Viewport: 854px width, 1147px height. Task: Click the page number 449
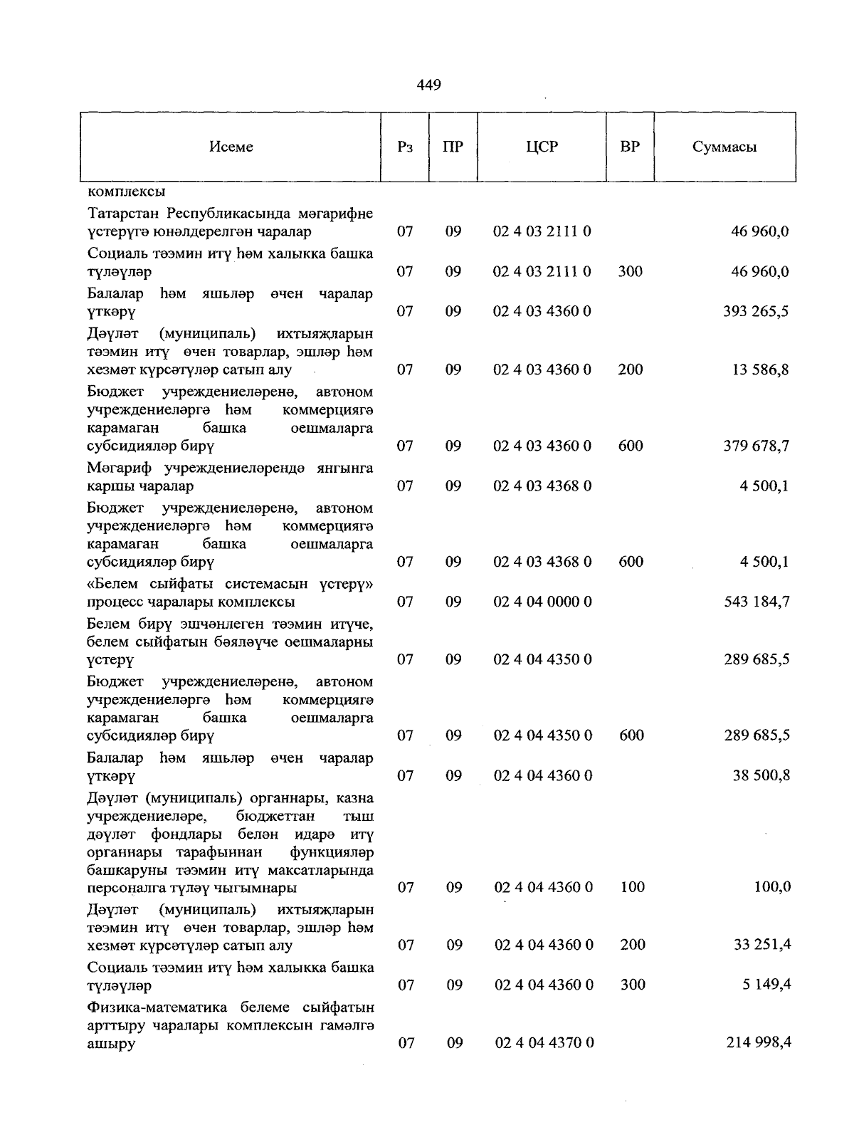(428, 85)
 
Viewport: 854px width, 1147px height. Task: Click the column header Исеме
(231, 147)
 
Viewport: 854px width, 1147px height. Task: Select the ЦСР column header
(542, 147)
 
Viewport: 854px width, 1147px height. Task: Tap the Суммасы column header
(724, 147)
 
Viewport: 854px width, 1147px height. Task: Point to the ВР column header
(630, 147)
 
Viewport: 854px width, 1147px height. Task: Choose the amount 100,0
(772, 887)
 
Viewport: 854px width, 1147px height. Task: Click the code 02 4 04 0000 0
(542, 602)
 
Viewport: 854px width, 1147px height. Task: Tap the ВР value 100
(632, 887)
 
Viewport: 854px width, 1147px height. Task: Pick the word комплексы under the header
(127, 192)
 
